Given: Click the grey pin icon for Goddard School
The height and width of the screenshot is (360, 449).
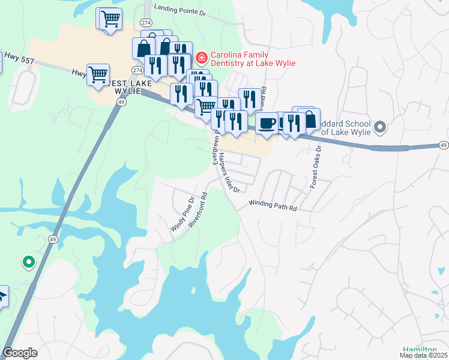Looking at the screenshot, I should [379, 127].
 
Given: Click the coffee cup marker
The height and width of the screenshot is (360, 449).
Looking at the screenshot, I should [267, 123].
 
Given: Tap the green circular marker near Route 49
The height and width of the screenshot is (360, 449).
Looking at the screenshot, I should [28, 262].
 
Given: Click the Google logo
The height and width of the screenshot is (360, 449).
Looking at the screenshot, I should [20, 353].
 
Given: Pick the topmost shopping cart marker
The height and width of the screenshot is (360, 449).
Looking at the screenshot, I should [110, 18].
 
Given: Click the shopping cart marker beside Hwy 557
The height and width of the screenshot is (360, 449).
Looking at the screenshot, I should [98, 74].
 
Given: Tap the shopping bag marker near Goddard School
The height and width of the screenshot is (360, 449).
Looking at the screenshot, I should [309, 119].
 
